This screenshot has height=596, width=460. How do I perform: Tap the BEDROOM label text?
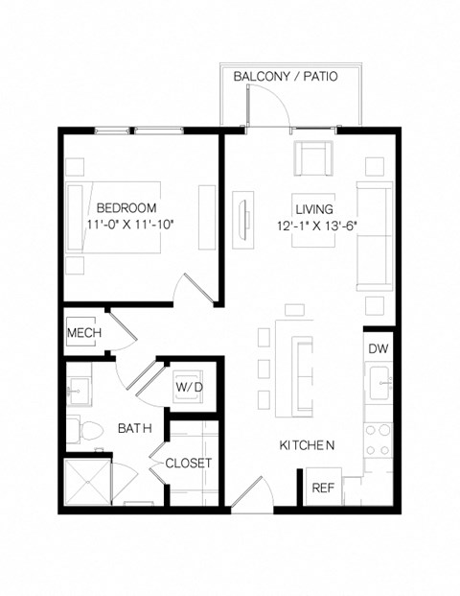tap(126, 207)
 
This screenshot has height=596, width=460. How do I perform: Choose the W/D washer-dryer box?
tap(186, 386)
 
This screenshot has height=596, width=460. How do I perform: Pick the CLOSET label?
tap(188, 463)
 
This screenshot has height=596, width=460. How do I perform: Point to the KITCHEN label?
tap(307, 445)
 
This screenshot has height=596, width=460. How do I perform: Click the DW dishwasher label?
tap(379, 348)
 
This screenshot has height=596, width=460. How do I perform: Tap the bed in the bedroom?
tap(113, 218)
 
